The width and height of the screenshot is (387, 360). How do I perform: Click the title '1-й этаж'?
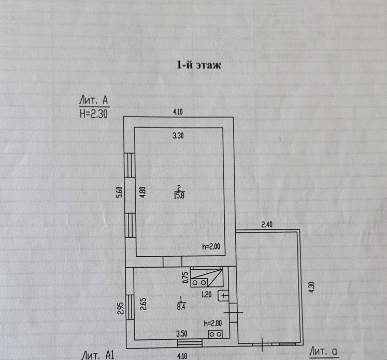(199, 65)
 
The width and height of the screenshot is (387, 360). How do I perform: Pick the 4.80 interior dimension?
(143, 191)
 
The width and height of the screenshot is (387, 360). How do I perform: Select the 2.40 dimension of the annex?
(266, 225)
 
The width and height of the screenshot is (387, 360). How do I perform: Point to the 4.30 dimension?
(311, 287)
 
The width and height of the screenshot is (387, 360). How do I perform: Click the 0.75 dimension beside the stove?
(185, 276)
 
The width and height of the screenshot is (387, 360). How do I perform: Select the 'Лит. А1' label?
(97, 355)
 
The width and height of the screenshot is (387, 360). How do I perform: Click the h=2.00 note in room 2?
(211, 247)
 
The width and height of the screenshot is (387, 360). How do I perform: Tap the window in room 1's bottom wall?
(189, 342)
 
